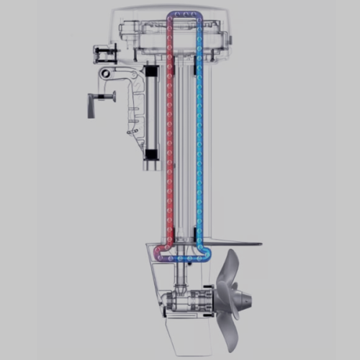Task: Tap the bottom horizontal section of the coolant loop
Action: click(184, 256)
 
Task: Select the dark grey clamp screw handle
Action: click(91, 105)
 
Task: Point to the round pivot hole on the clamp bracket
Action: click(106, 73)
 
